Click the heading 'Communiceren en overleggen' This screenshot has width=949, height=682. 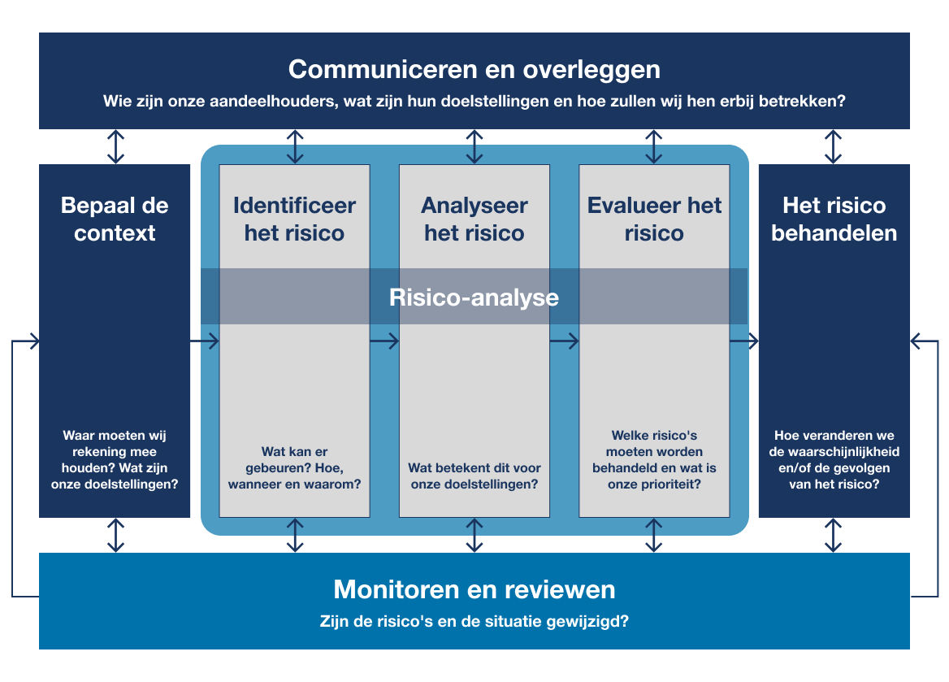pos(474,69)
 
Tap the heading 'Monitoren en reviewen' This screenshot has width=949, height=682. pos(474,589)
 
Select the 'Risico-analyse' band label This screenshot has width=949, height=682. pos(474,297)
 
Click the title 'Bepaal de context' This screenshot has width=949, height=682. pos(115,219)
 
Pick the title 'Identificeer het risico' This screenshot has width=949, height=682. pos(294,219)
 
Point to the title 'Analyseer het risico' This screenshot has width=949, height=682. pos(474,219)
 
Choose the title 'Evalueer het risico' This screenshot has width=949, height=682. pos(654,219)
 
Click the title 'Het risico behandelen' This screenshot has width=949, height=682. pos(834,219)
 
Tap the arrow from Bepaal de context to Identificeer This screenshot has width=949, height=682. pos(205,341)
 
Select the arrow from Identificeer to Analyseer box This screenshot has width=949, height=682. pos(384,341)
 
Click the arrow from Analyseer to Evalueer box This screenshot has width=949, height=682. pos(564,341)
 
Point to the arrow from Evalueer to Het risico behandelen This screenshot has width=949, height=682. pos(743,341)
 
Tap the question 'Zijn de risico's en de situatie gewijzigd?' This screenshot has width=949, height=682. pos(474,623)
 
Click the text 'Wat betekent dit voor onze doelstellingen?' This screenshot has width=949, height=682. pos(474,476)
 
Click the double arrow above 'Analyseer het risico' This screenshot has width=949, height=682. pos(474,147)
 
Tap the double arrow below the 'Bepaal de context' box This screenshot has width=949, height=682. pos(116,536)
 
